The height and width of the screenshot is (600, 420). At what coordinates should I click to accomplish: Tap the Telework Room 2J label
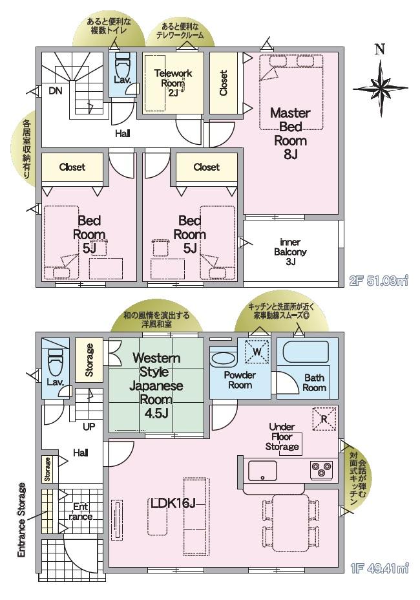tap(173, 82)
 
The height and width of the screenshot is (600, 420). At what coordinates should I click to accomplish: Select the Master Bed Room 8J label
tap(290, 133)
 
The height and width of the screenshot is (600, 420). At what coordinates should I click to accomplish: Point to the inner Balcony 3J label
tap(290, 252)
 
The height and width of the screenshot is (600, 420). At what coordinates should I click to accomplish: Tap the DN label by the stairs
tap(56, 91)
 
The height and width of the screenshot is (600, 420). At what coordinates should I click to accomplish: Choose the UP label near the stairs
tap(89, 426)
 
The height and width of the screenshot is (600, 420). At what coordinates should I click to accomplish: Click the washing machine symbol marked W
tap(257, 351)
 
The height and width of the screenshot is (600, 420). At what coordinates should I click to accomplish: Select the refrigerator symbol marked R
tap(324, 418)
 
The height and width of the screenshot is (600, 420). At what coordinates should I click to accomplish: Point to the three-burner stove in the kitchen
tap(321, 469)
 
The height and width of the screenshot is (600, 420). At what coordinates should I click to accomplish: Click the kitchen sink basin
tap(262, 471)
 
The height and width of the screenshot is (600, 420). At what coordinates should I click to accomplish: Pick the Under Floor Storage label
tap(282, 436)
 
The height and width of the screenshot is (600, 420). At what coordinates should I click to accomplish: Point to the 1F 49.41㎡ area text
tap(379, 568)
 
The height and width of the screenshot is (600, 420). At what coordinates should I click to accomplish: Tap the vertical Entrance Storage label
tap(22, 520)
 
